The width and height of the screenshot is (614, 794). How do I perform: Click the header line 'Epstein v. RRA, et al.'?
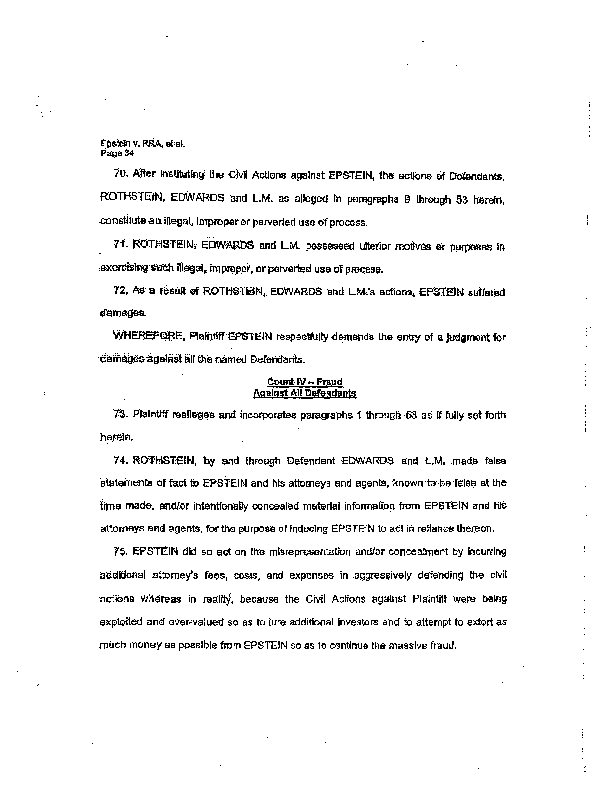click(x=143, y=144)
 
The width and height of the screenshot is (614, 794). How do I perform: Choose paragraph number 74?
click(x=119, y=461)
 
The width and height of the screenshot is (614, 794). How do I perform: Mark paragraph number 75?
click(x=119, y=551)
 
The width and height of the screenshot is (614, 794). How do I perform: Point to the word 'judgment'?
click(x=468, y=337)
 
